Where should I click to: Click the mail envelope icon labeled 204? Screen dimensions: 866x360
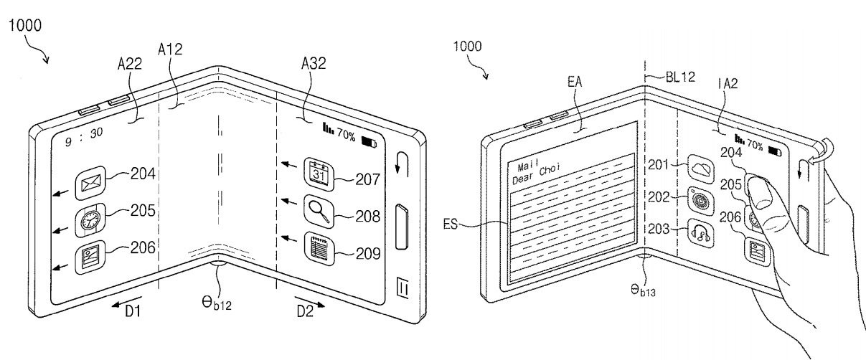click(90, 183)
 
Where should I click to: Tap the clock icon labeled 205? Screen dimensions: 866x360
click(90, 220)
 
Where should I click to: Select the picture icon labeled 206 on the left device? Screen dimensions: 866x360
click(90, 257)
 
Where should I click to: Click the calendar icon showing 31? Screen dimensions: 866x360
click(319, 174)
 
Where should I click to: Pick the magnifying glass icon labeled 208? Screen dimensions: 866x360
click(319, 212)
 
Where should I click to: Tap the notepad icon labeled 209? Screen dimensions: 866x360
click(319, 248)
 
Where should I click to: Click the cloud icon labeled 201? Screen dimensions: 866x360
click(701, 169)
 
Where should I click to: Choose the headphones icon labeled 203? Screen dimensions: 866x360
click(701, 233)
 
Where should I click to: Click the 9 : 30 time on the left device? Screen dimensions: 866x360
click(84, 137)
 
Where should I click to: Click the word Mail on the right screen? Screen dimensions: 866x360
click(528, 165)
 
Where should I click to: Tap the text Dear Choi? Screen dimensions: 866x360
click(536, 174)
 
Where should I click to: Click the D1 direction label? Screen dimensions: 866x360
click(133, 311)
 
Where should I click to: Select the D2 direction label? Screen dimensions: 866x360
click(305, 311)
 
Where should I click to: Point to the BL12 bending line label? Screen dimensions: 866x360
click(680, 77)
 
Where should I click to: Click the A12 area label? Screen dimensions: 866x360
click(170, 49)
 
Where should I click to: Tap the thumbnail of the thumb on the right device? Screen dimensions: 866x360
click(758, 191)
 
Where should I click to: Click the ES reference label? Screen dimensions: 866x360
click(450, 224)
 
